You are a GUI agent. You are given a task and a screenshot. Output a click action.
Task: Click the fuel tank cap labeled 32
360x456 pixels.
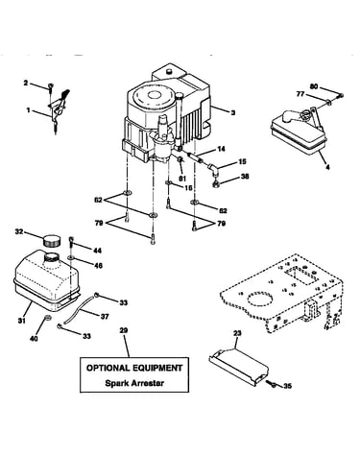51,240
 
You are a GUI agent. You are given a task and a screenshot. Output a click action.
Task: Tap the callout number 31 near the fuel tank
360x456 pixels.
21,321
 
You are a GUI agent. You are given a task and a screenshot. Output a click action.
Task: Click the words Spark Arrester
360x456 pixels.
134,383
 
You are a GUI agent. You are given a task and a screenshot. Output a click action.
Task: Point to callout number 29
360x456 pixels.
124,330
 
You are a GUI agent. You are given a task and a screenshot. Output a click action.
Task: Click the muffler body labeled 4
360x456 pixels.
298,136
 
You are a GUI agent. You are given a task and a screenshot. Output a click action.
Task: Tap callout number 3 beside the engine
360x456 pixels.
233,112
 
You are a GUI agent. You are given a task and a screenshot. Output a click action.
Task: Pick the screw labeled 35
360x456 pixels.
273,384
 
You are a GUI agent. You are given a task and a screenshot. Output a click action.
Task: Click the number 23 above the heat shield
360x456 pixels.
237,333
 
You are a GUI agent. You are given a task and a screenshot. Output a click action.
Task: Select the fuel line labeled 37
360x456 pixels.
80,308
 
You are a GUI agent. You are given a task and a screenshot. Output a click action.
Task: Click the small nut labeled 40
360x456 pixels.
47,318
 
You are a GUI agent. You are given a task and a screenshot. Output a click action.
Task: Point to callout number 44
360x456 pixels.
97,251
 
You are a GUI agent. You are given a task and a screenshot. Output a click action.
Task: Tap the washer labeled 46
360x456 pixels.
71,257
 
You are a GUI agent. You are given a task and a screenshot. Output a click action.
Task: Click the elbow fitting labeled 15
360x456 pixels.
213,169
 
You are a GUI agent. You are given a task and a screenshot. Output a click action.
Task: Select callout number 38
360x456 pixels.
244,177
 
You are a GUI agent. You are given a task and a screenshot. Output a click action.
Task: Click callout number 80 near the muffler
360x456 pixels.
314,86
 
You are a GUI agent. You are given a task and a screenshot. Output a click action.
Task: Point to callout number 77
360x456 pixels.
300,94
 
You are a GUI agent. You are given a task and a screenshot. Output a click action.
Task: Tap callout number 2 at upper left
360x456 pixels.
26,84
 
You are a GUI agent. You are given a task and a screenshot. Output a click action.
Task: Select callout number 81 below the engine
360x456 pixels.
182,179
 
